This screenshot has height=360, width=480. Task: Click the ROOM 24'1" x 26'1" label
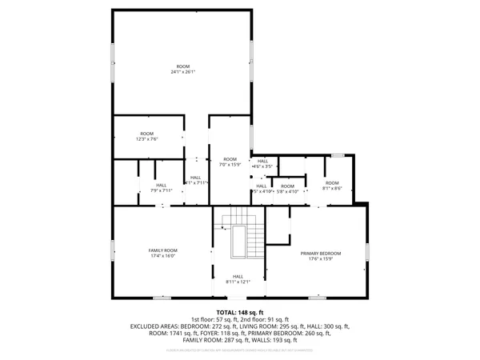tap(182, 69)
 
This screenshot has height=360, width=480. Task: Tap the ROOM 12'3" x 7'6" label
tap(147, 136)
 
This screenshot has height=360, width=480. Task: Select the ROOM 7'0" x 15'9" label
tap(230, 162)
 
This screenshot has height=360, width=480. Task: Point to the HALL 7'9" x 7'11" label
tap(162, 187)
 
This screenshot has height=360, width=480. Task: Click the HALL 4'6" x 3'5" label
tap(263, 163)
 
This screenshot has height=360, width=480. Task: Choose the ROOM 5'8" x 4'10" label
tap(287, 189)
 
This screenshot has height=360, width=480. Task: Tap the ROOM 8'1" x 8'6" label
tap(332, 186)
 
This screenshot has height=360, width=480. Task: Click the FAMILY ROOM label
tap(161, 253)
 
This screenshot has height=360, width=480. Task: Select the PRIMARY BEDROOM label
tap(316, 255)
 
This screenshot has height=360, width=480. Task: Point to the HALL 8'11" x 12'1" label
tap(238, 278)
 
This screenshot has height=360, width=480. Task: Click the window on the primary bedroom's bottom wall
tap(317, 298)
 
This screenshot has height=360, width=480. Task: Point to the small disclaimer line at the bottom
tap(240, 350)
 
